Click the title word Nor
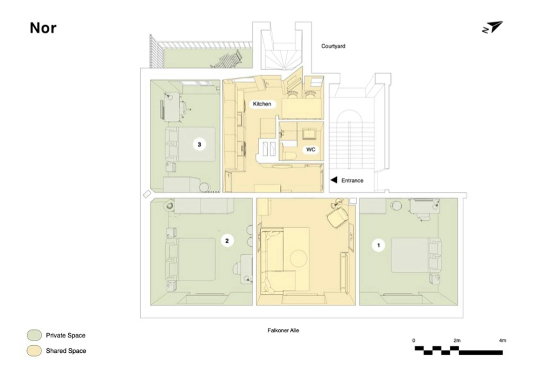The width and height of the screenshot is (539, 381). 43,28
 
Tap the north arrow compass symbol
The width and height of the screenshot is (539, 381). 492,27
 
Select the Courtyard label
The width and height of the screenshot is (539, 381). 333,46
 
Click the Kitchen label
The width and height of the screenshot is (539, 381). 262,104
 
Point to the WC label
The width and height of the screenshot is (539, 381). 311,150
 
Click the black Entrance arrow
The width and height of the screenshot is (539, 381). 334,180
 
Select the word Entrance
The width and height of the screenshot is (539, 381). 352,180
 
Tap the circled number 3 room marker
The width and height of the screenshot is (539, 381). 199,144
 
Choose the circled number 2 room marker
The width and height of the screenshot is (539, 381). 227,241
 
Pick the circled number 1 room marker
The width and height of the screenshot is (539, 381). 378,245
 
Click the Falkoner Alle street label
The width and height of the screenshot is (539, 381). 283,330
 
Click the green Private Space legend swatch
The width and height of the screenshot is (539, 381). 34,335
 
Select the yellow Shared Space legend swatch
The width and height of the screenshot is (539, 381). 34,351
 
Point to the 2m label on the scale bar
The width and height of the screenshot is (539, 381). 457,340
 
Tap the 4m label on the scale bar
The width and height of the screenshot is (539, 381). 503,340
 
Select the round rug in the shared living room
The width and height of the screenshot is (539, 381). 298,258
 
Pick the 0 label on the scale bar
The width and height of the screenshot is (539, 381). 414,340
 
